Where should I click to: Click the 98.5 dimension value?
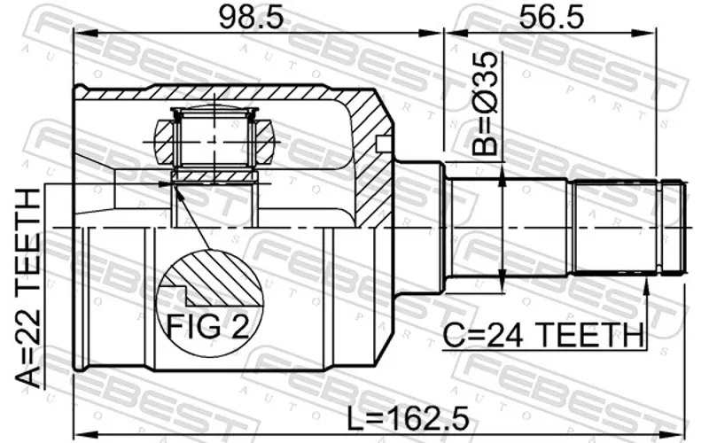(x=252, y=18)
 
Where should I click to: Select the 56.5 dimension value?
(x=551, y=18)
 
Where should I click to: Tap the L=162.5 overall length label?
(x=409, y=418)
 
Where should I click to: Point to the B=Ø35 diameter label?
(x=485, y=104)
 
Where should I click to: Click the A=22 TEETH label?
(x=28, y=289)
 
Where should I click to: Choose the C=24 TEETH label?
(x=542, y=336)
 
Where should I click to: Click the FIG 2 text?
(x=208, y=326)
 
